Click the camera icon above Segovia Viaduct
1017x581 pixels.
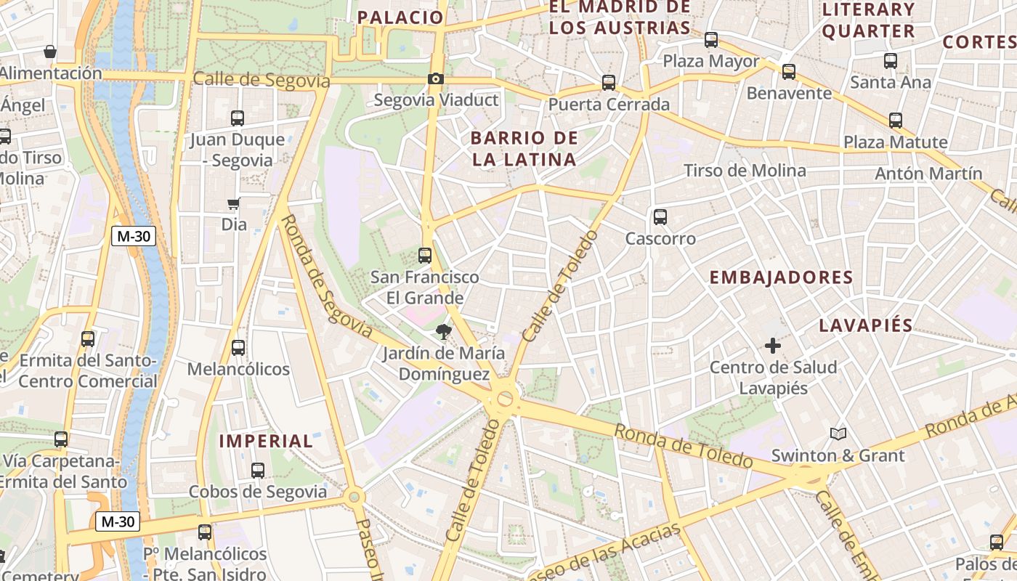pyautogui.click(x=436, y=78)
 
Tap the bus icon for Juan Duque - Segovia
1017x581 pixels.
pyautogui.click(x=238, y=118)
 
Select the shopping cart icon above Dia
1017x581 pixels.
pyautogui.click(x=234, y=204)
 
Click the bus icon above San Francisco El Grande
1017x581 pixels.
pyautogui.click(x=425, y=256)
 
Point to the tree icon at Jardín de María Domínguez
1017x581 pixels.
pyautogui.click(x=442, y=333)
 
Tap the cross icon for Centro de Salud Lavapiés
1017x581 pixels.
pyautogui.click(x=773, y=346)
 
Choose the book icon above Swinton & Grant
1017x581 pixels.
pyautogui.click(x=838, y=434)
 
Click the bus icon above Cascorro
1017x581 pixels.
pyautogui.click(x=660, y=216)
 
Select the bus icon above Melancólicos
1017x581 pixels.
pyautogui.click(x=238, y=347)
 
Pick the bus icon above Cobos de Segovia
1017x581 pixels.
pyautogui.click(x=258, y=470)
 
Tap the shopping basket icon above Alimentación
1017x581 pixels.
pyautogui.click(x=50, y=52)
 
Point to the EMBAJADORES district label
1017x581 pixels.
pyautogui.click(x=781, y=277)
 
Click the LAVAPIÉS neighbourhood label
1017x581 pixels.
pyautogui.click(x=865, y=325)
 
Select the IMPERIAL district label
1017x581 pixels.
pyautogui.click(x=266, y=441)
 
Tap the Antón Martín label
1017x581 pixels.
pyautogui.click(x=928, y=174)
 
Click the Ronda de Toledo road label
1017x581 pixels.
pyautogui.click(x=683, y=445)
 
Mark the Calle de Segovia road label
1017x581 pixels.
pyautogui.click(x=262, y=81)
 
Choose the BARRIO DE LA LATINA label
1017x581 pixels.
pyautogui.click(x=524, y=148)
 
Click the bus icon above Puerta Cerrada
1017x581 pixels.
pyautogui.click(x=609, y=83)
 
